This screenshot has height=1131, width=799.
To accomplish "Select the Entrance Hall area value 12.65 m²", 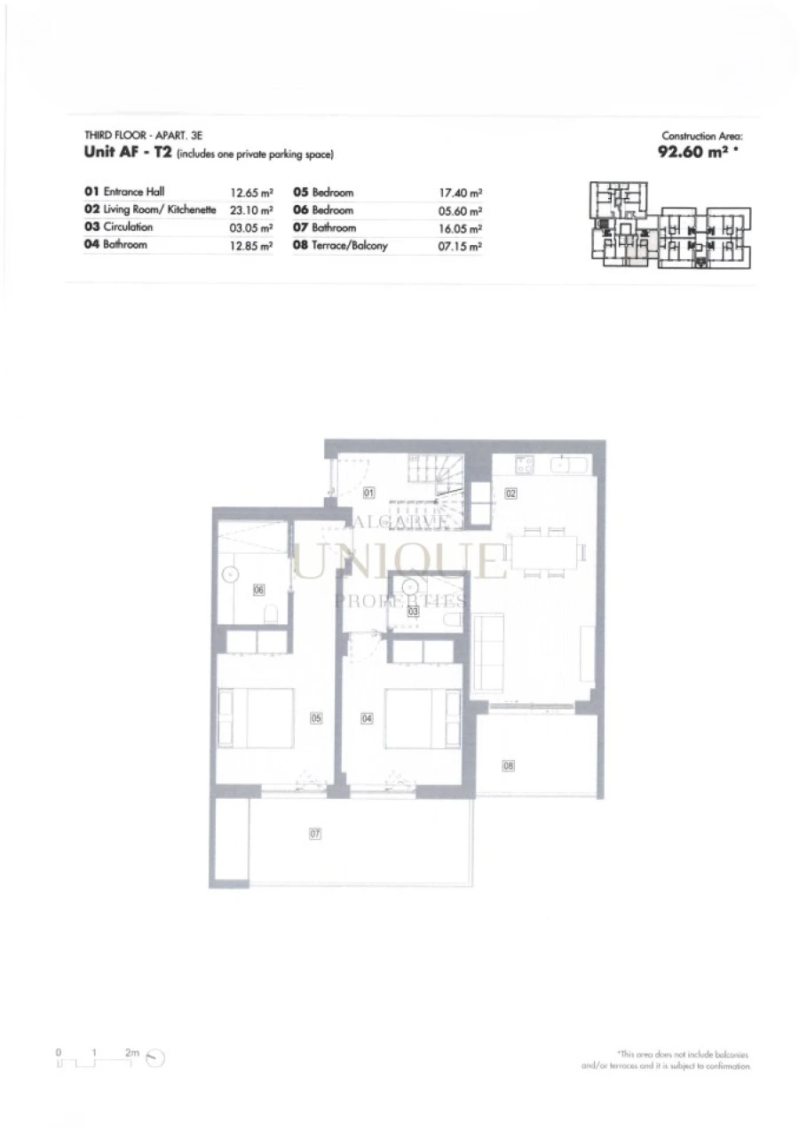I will [251, 192].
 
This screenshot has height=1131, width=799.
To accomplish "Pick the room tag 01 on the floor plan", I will [369, 492].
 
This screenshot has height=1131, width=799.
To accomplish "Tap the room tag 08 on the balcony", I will [509, 764].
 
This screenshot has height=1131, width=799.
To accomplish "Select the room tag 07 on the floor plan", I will [314, 834].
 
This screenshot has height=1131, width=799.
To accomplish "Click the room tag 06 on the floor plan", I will [259, 589].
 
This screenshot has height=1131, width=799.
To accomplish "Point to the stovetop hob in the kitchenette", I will [524, 464].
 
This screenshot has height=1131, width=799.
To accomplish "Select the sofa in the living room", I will [488, 652].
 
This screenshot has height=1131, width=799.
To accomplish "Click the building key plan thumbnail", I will [670, 225].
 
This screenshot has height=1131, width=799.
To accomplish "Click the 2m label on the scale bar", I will [131, 1052].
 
